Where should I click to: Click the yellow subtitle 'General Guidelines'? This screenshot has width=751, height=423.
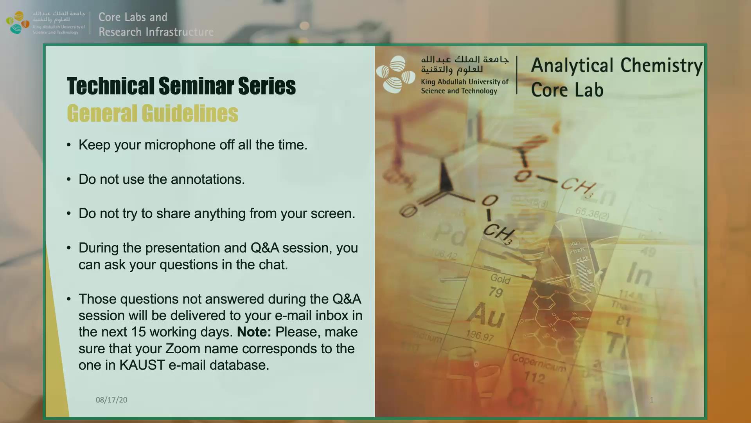pyautogui.click(x=153, y=114)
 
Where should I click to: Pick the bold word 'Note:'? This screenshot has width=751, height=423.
pyautogui.click(x=254, y=332)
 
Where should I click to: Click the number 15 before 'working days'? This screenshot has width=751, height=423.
pyautogui.click(x=138, y=332)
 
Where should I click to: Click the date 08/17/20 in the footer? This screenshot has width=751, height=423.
pyautogui.click(x=111, y=400)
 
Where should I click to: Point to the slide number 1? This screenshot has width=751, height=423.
pyautogui.click(x=652, y=400)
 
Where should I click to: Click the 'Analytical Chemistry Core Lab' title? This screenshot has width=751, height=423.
pyautogui.click(x=616, y=77)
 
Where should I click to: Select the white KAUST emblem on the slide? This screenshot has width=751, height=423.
pyautogui.click(x=396, y=74)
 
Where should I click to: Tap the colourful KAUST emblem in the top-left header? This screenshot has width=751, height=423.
pyautogui.click(x=18, y=22)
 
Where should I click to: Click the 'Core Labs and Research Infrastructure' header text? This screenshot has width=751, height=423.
pyautogui.click(x=156, y=24)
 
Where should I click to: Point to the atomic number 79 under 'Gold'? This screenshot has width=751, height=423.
pyautogui.click(x=496, y=292)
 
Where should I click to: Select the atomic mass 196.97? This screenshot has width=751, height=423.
pyautogui.click(x=480, y=335)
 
